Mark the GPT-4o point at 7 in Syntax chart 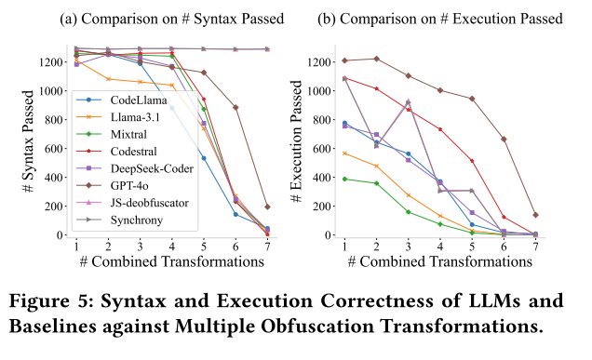(x=268, y=207)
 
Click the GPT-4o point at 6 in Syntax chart (x=235, y=107)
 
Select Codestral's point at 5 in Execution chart (x=472, y=161)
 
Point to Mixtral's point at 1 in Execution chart (x=344, y=179)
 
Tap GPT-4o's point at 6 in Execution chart (x=504, y=139)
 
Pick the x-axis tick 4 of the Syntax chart (x=171, y=247)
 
